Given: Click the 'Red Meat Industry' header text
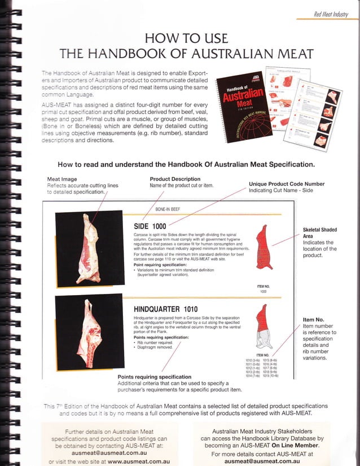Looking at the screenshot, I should point(334,13).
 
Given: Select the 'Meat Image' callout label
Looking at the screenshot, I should point(63,179).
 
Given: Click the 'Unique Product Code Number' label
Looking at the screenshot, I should point(287,184).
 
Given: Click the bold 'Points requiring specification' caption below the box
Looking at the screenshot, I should point(154,377).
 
